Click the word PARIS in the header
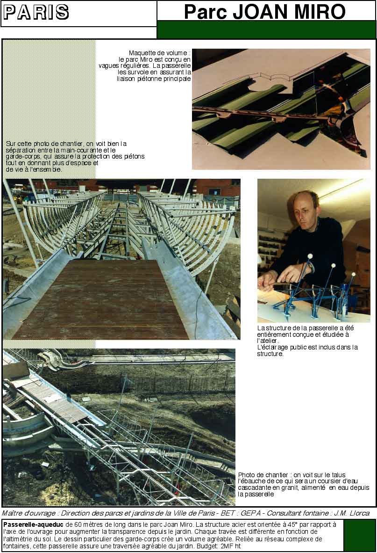tap(36, 13)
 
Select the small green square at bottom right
tap(359, 535)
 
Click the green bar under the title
tap(266, 29)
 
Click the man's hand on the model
tap(269, 279)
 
